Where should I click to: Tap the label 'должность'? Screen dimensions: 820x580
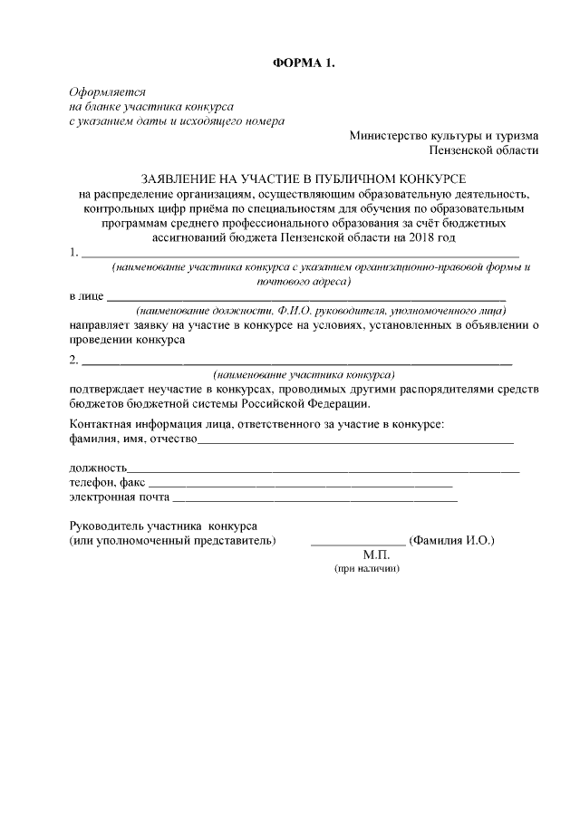(x=98, y=468)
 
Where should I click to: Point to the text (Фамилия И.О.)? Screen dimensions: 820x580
(x=451, y=540)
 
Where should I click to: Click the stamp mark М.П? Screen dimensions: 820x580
(x=374, y=555)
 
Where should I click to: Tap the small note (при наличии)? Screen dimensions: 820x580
(x=367, y=569)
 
